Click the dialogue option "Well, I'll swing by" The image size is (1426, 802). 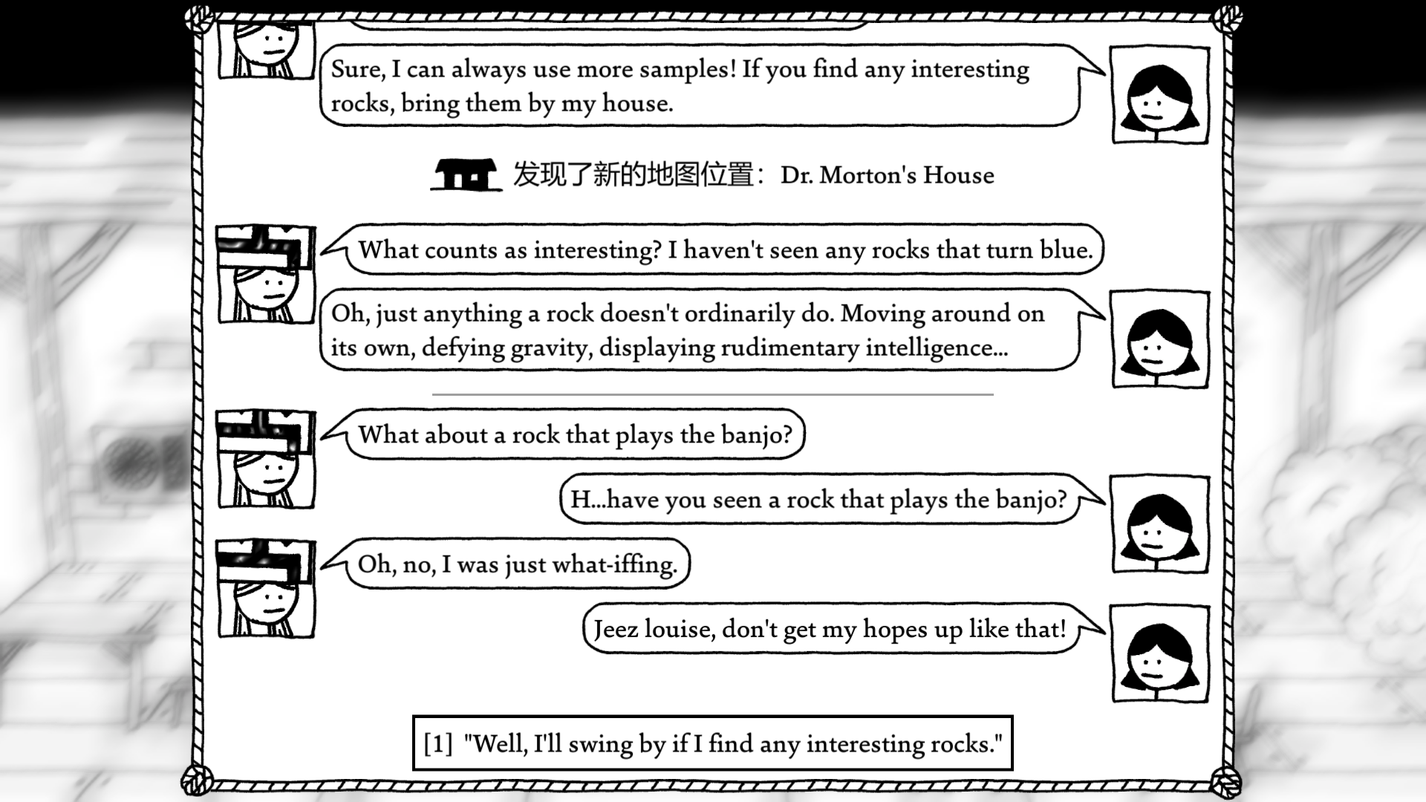[x=732, y=743]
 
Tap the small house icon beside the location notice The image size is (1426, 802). [x=465, y=175]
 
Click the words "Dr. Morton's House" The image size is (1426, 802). [x=887, y=175]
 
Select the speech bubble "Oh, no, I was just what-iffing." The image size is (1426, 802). [x=518, y=564]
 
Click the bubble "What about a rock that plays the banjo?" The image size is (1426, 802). [x=576, y=434]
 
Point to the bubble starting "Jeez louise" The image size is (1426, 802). [x=830, y=629]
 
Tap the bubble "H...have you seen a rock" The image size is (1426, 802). [x=818, y=499]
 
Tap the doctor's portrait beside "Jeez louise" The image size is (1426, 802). [x=1159, y=653]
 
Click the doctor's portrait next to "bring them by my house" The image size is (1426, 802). [x=1159, y=95]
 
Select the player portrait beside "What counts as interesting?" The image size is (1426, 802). [x=266, y=275]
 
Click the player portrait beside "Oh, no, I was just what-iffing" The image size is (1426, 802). [x=266, y=589]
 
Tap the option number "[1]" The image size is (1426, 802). [x=438, y=743]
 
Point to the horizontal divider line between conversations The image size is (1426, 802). [x=712, y=394]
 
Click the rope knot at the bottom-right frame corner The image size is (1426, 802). [x=1225, y=782]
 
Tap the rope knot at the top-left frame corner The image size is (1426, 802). [x=199, y=19]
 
